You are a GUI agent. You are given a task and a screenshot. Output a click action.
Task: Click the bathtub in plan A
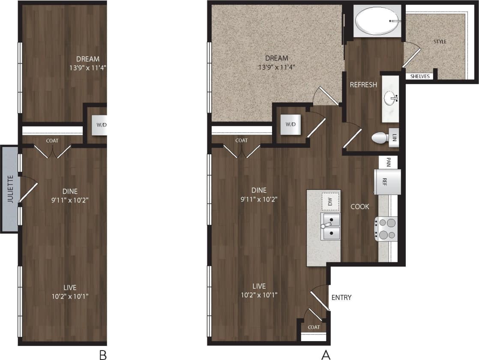tap(376, 21)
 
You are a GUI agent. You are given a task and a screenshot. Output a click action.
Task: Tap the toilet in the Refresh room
tap(380, 138)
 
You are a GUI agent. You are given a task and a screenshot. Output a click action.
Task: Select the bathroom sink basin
tap(390, 99)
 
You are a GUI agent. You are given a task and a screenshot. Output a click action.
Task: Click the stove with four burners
tap(386, 229)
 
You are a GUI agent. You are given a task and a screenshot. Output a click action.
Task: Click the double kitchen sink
tap(331, 227)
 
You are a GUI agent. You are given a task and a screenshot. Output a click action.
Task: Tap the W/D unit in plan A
tap(290, 124)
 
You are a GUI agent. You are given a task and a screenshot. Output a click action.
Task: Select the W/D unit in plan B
tap(101, 125)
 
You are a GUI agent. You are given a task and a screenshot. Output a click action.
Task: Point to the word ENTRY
tap(341, 297)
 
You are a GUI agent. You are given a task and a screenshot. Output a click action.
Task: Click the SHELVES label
tap(420, 76)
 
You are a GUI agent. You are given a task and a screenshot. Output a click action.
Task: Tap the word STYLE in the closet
tap(440, 42)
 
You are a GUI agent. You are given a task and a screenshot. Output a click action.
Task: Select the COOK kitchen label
tap(359, 207)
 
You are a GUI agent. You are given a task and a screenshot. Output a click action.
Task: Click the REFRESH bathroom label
tap(363, 85)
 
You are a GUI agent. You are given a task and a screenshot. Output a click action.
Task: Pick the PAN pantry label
tap(388, 162)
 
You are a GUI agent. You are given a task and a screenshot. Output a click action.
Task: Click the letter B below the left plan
tap(102, 354)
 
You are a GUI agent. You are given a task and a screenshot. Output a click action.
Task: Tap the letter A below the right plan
tap(326, 354)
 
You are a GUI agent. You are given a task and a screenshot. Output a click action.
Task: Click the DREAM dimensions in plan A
tap(276, 67)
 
